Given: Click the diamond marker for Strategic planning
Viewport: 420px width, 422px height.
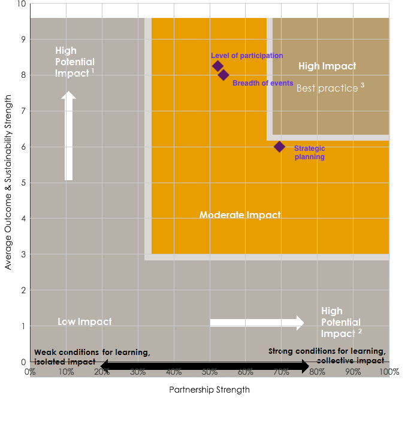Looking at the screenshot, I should click(279, 147).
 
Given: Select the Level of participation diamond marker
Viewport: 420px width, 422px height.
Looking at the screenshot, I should click(218, 66).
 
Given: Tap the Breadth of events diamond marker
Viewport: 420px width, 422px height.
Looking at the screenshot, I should click(223, 75).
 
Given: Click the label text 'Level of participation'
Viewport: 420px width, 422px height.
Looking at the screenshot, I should click(247, 56).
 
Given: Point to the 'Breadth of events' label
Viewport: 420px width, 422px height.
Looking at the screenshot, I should click(263, 83).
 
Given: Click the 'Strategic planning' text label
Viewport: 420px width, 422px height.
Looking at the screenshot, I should click(309, 152).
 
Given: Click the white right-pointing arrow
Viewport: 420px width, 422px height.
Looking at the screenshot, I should click(256, 323).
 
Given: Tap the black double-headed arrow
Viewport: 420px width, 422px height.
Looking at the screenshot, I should click(205, 366).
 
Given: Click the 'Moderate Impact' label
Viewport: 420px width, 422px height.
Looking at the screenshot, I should click(240, 215).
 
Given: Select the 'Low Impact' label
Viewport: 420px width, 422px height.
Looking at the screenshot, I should click(84, 321).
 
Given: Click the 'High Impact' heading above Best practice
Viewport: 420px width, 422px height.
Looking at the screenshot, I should click(327, 66).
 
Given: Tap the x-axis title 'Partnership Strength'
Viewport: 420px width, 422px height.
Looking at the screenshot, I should click(209, 390).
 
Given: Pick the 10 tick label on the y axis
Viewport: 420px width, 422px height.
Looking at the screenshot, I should click(22, 4).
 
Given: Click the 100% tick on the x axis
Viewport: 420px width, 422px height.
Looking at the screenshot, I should click(388, 372).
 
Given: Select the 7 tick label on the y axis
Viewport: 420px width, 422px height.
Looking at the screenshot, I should click(24, 111).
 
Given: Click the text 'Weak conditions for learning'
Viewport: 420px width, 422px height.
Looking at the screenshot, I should click(92, 352).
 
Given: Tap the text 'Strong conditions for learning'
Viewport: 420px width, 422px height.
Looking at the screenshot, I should click(327, 351).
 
